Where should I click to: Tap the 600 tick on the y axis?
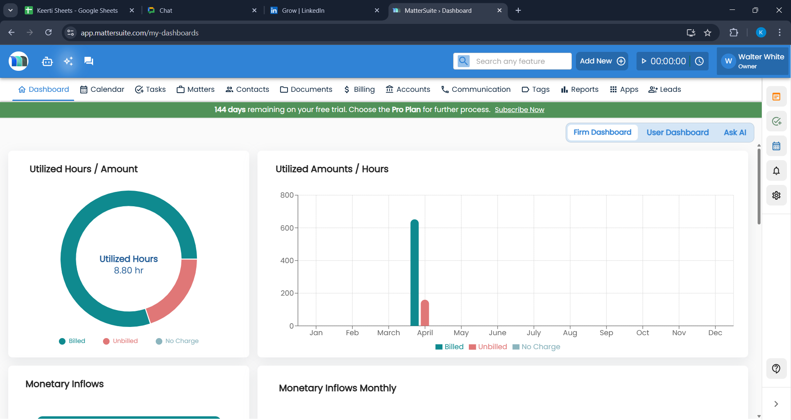287,228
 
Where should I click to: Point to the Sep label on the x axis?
606,333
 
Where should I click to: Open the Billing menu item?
359,89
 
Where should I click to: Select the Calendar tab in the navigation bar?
102,89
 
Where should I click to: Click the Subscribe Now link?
519,110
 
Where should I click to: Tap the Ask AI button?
735,132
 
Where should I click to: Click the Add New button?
602,61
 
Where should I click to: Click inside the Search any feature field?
521,61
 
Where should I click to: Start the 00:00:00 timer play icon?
644,61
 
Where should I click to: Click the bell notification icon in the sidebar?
776,171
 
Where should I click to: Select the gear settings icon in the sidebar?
776,196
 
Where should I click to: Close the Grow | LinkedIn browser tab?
377,10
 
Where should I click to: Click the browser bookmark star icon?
707,33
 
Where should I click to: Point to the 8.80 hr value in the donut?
129,271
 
